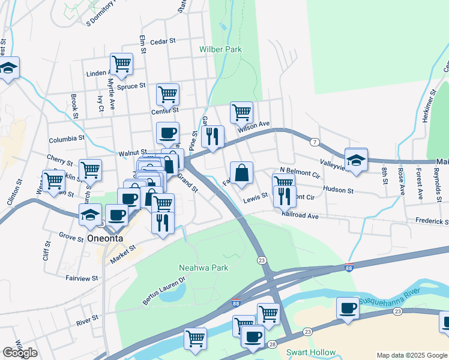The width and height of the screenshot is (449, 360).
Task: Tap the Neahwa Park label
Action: point(203,268)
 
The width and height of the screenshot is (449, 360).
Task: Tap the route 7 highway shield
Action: point(315,142)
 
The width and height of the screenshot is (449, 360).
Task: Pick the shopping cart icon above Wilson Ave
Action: point(241,112)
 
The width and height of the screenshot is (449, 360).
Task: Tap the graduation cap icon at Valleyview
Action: point(356,160)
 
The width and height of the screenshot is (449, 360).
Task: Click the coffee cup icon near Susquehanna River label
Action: point(348,308)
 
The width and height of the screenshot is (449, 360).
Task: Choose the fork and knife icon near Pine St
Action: point(212,137)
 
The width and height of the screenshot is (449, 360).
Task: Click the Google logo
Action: point(20,353)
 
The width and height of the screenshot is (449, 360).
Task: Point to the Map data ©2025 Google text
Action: point(412,355)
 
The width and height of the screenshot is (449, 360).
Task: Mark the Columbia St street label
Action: point(67,139)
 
